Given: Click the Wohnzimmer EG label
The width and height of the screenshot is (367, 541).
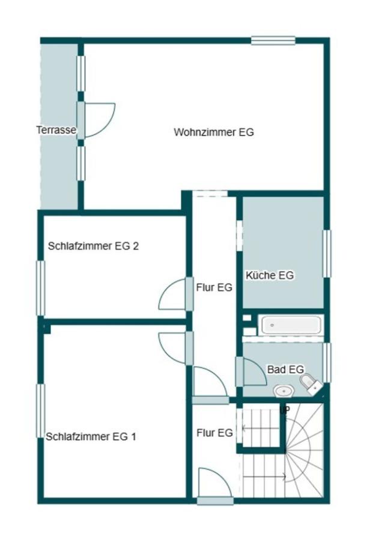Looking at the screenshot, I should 214,132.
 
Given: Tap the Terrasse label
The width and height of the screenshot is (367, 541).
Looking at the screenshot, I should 56,130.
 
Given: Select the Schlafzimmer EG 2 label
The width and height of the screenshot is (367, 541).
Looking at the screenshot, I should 94,246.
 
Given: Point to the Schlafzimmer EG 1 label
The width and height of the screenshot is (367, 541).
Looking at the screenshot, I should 91,437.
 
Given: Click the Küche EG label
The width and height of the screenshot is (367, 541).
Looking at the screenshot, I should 270,276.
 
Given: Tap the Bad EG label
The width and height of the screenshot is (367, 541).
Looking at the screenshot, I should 286,369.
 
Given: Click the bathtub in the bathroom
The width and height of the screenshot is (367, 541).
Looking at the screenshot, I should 290,326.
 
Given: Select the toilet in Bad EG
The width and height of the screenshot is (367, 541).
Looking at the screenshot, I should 311,384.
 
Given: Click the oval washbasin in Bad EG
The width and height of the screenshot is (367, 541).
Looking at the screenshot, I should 283,391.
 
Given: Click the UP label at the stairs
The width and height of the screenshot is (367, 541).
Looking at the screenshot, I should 285,410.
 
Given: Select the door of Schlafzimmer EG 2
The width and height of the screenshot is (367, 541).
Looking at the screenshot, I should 173,295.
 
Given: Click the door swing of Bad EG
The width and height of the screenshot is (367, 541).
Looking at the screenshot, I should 253,373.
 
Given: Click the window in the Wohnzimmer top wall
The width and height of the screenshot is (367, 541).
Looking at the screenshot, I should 273,41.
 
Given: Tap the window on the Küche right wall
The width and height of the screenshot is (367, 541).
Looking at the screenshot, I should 327,254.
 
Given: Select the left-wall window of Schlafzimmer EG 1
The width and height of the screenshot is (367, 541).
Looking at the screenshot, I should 41,411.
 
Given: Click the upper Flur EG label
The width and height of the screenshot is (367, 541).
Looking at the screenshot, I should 214,288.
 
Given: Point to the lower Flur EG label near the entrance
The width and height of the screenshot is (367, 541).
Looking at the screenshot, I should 214,432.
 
